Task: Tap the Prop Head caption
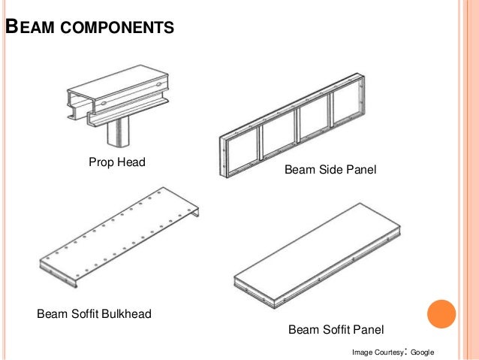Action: coord(116,162)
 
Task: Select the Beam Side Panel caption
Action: coord(330,172)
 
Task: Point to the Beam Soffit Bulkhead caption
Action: coord(95,313)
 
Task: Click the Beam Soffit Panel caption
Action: coord(336,329)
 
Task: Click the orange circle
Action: coord(441,315)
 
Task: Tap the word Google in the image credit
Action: coord(423,352)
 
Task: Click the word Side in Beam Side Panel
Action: coord(330,172)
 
